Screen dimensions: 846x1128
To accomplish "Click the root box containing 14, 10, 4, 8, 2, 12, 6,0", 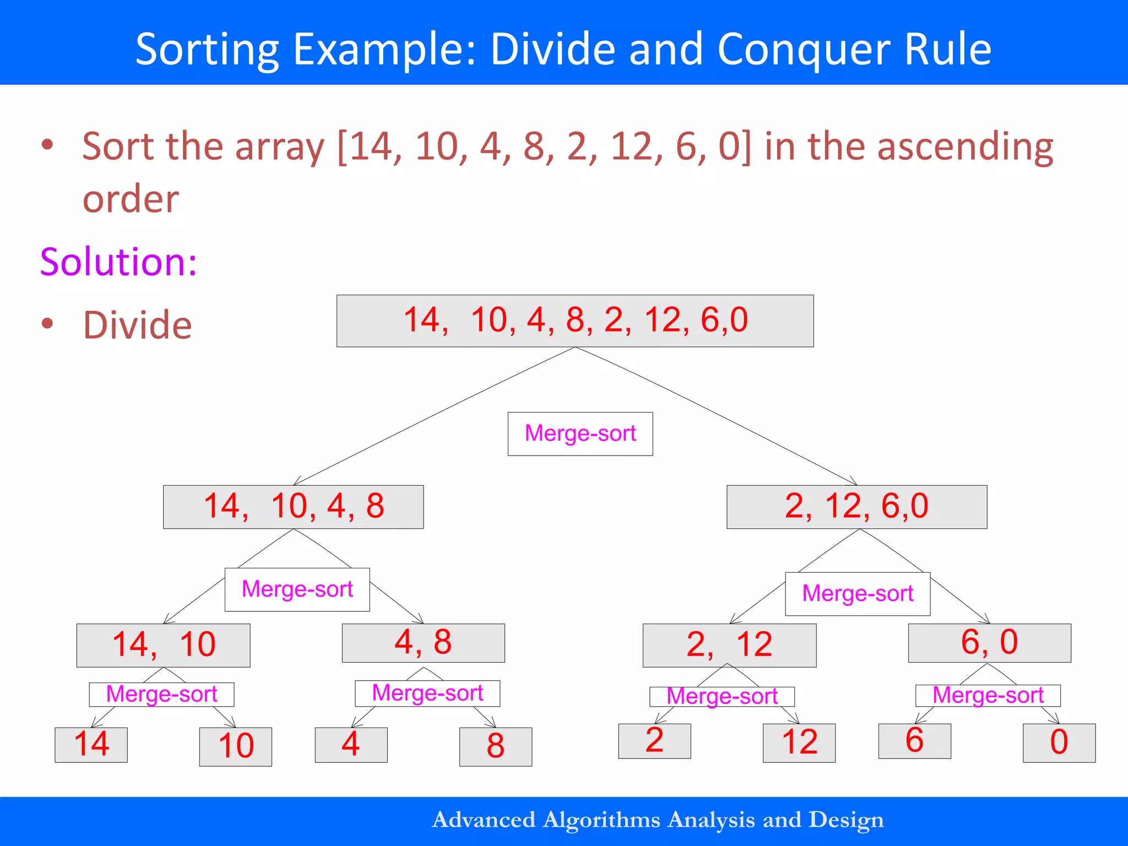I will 575,321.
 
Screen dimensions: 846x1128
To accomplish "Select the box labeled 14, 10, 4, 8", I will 293,507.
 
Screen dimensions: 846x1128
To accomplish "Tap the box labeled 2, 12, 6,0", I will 856,507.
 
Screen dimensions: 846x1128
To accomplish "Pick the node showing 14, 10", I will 163,645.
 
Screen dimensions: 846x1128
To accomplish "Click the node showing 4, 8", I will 423,643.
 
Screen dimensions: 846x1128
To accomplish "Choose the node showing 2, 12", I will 729,645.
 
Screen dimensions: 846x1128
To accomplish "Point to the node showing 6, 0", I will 989,643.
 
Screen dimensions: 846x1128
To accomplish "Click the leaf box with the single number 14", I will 91,745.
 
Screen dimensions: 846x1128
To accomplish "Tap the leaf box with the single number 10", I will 235,747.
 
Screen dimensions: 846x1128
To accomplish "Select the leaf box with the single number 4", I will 351,745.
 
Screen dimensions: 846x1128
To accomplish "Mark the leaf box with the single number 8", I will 495,747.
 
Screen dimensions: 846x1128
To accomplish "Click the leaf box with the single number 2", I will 654,741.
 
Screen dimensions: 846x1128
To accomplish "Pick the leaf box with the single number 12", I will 799,743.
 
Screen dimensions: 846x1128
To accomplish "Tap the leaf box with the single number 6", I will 914,741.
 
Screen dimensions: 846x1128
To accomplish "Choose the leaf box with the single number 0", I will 1059,743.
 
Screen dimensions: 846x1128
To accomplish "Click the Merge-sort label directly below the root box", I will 580,433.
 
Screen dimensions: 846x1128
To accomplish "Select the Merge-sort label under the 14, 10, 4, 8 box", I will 297,589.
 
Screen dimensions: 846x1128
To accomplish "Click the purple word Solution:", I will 118,262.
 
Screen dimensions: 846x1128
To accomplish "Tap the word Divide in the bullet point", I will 137,325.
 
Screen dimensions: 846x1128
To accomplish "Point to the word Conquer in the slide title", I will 803,50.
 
